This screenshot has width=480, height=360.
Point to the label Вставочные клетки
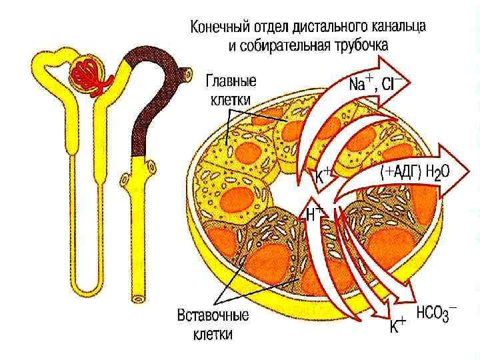(213, 323)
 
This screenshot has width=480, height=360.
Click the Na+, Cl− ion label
(373, 85)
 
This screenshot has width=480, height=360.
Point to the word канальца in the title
(400, 28)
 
